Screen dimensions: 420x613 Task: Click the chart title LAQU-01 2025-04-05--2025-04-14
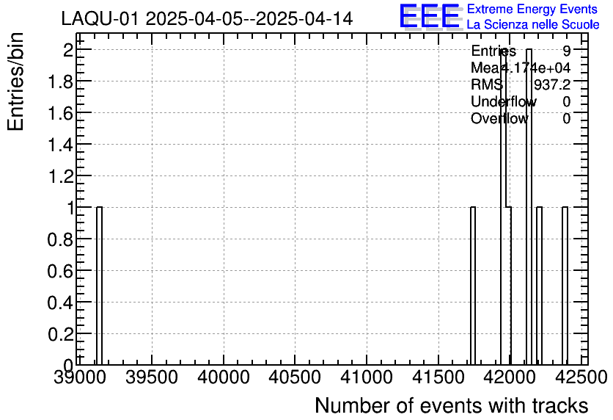click(207, 18)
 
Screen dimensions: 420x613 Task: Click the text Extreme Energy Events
click(532, 10)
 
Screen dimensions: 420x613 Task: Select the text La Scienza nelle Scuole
click(533, 24)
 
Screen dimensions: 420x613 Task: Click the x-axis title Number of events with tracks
click(451, 405)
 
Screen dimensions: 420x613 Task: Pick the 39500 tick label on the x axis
click(152, 377)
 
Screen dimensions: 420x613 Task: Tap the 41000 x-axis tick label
click(367, 377)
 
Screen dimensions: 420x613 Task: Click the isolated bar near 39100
click(99, 286)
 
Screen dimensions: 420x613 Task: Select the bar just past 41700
click(473, 286)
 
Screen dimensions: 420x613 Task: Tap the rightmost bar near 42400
click(565, 286)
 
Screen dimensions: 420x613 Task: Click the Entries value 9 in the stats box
click(567, 51)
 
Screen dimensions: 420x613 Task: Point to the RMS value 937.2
click(552, 85)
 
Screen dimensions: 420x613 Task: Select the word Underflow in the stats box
click(503, 102)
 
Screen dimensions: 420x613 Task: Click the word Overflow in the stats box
click(499, 119)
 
